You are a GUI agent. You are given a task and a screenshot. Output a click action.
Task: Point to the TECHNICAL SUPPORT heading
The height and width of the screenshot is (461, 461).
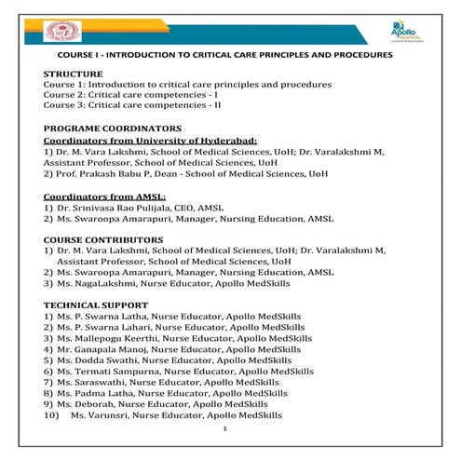tap(95, 305)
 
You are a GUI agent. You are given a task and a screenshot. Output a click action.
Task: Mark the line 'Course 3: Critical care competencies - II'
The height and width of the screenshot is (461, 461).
tap(129, 105)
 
